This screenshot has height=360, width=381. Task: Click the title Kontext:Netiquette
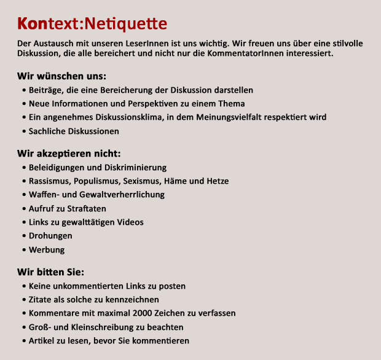[92, 24]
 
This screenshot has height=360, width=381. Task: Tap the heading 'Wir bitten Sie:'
[51, 272]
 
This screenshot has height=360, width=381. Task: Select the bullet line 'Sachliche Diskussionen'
[74, 131]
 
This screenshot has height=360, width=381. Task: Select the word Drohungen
[50, 236]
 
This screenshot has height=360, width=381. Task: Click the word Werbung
[47, 250]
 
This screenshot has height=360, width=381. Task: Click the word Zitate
[40, 300]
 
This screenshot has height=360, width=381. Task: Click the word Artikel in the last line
[42, 341]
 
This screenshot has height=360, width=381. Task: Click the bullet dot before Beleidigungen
[23, 168]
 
